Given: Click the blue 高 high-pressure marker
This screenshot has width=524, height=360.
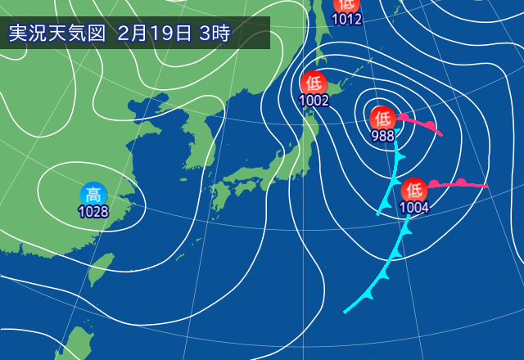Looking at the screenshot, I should pos(93,195).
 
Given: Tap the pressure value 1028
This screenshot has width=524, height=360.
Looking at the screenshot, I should pos(93,212).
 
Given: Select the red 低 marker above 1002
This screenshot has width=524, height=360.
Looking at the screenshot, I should pos(313,83).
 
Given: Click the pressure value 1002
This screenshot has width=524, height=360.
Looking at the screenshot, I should pos(313,101).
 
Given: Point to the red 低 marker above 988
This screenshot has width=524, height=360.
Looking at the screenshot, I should pos(382,117).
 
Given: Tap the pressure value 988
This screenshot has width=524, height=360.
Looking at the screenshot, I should pos(382,135).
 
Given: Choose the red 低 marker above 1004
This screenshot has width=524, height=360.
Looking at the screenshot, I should pos(414,189).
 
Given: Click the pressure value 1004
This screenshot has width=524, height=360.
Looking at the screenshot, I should pos(414,207).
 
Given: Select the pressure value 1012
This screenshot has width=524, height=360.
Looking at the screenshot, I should pos(346,19).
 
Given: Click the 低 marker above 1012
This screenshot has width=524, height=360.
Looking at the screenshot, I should pos(346,4).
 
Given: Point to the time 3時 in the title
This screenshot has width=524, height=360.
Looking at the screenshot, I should pos(215,34).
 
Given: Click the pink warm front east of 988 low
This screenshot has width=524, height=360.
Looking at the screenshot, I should pos(422,125).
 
